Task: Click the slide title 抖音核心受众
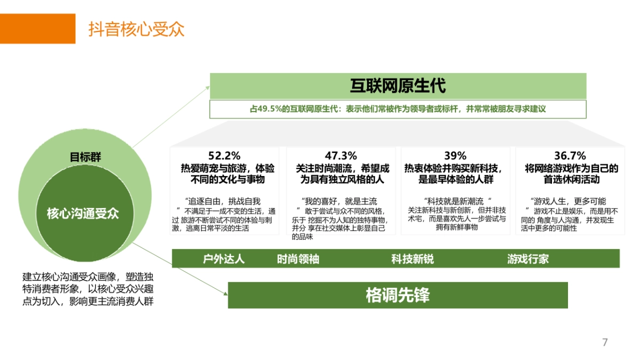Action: click(x=137, y=29)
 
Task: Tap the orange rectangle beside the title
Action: click(x=37, y=29)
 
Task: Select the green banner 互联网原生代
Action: click(x=398, y=86)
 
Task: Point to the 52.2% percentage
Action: click(x=225, y=156)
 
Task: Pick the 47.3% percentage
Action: click(x=341, y=156)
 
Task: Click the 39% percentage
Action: click(x=455, y=156)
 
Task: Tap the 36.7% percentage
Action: click(x=570, y=156)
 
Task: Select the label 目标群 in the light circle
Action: click(x=85, y=157)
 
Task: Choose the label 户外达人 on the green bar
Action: click(x=224, y=259)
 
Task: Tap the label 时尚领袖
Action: click(x=298, y=259)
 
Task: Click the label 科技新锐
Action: click(x=412, y=259)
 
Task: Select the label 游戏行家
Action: click(x=528, y=259)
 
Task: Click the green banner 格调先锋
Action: click(x=398, y=295)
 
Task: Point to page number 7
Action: click(x=605, y=342)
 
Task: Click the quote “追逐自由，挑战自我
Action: click(x=223, y=201)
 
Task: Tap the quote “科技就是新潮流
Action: click(x=455, y=201)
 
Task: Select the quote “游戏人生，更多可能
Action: click(x=569, y=201)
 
